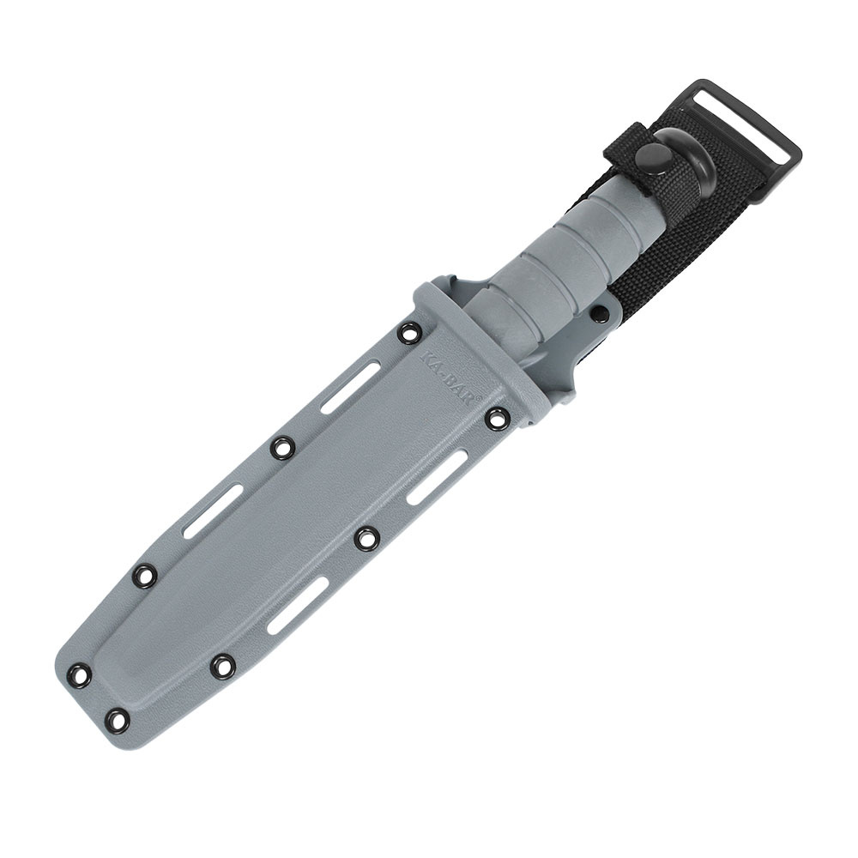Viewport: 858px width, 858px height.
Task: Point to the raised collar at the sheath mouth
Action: point(480,330)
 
